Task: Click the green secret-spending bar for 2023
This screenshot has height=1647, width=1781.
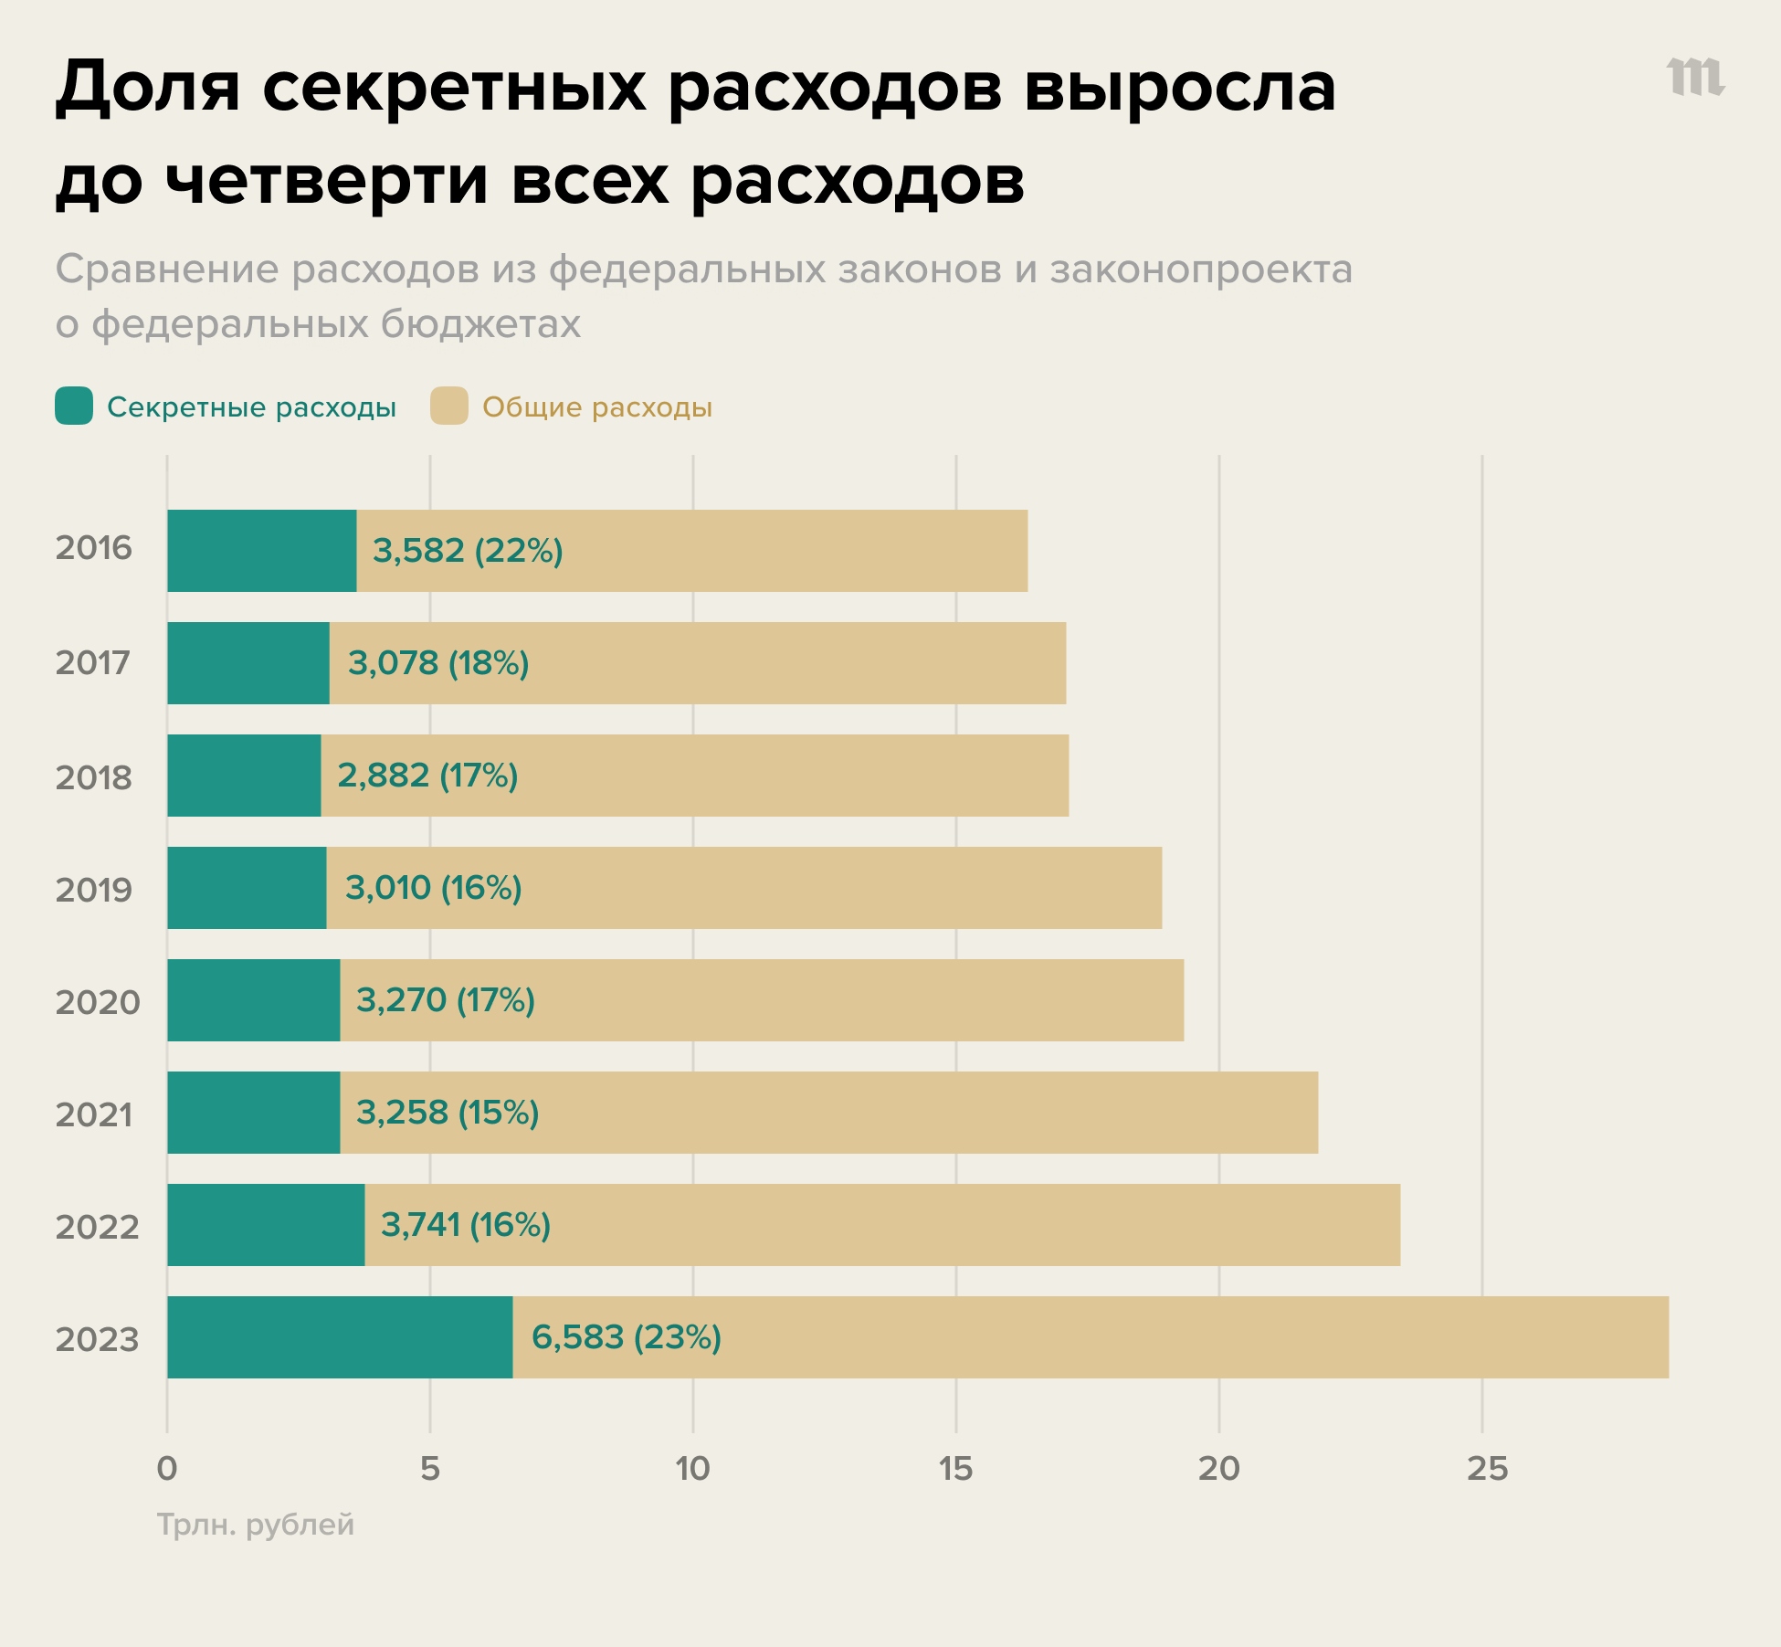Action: pyautogui.click(x=340, y=1336)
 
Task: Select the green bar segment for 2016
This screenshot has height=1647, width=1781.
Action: pyautogui.click(x=262, y=550)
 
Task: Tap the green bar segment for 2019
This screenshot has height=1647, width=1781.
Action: pyautogui.click(x=247, y=887)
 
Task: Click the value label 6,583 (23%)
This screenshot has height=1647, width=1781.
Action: pyautogui.click(x=627, y=1336)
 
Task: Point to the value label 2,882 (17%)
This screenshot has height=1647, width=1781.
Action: pyautogui.click(x=427, y=775)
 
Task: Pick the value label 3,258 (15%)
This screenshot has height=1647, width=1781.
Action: pyautogui.click(x=448, y=1112)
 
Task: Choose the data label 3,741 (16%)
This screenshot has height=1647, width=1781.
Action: pyautogui.click(x=465, y=1224)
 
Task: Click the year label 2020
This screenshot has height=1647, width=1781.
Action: pyautogui.click(x=98, y=1002)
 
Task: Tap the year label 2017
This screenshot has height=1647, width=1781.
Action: pyautogui.click(x=93, y=662)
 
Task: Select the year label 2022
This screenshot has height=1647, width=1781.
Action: pyautogui.click(x=98, y=1227)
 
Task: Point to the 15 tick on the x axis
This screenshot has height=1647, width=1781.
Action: pyautogui.click(x=955, y=1469)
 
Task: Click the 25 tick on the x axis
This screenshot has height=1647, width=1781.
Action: pyautogui.click(x=1487, y=1469)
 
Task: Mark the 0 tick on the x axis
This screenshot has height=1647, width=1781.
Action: pyautogui.click(x=167, y=1469)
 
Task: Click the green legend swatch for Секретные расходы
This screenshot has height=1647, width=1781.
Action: pyautogui.click(x=74, y=406)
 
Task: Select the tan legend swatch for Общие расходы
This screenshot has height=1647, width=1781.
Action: pyautogui.click(x=449, y=406)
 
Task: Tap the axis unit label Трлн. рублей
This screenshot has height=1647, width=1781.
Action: pyautogui.click(x=256, y=1524)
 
